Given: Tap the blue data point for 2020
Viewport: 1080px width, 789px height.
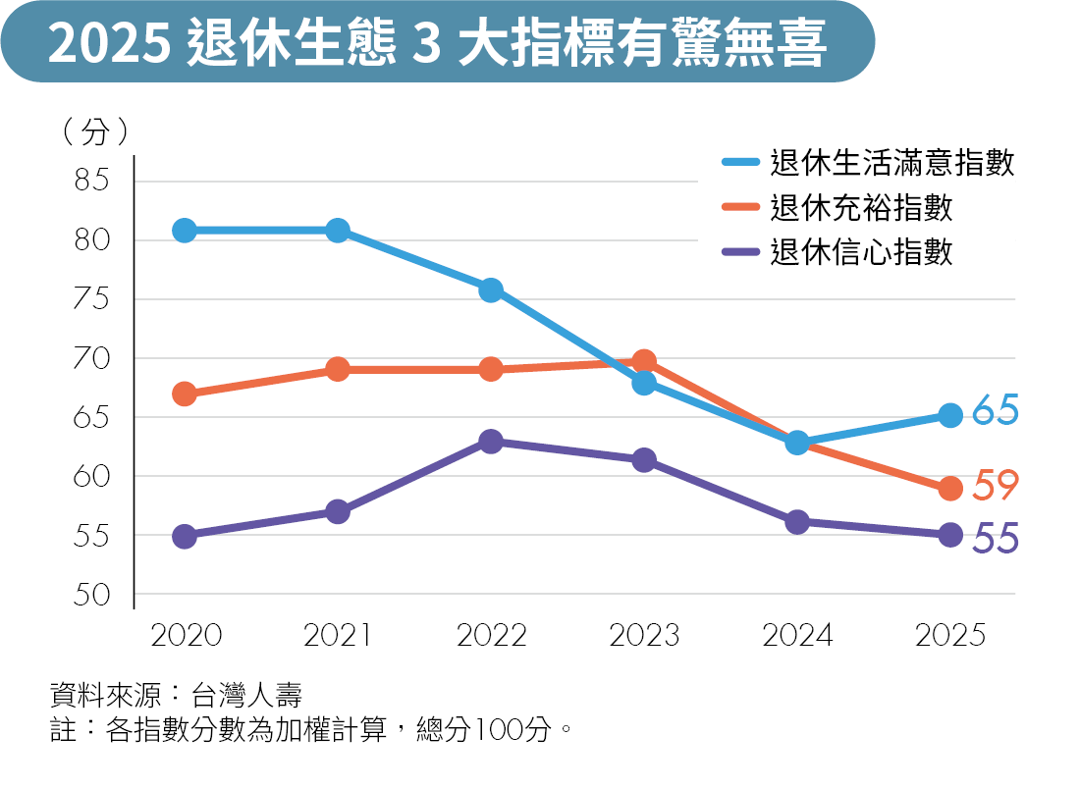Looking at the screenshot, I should click(185, 231).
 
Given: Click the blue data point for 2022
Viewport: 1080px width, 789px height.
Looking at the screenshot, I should click(491, 289).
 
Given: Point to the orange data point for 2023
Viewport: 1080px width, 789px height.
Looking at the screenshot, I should click(644, 362).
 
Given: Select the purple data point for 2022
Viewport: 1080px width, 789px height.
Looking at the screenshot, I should click(491, 441).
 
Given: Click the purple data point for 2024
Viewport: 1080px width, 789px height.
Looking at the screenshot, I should click(797, 521).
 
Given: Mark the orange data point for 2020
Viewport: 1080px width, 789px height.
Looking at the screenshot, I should click(185, 394).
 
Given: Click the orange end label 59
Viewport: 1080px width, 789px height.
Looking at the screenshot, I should click(995, 485).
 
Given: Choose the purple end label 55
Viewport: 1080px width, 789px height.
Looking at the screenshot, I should click(995, 539).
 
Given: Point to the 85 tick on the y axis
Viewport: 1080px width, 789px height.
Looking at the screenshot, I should click(93, 181).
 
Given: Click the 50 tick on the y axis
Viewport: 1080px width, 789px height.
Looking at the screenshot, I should click(93, 595).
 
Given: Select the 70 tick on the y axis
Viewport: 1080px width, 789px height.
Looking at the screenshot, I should click(93, 358).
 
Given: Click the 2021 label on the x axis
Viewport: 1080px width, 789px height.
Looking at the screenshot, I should click(338, 636).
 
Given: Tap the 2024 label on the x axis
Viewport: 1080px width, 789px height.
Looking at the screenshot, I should click(797, 636).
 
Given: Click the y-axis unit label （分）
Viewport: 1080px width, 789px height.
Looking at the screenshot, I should click(94, 131).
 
